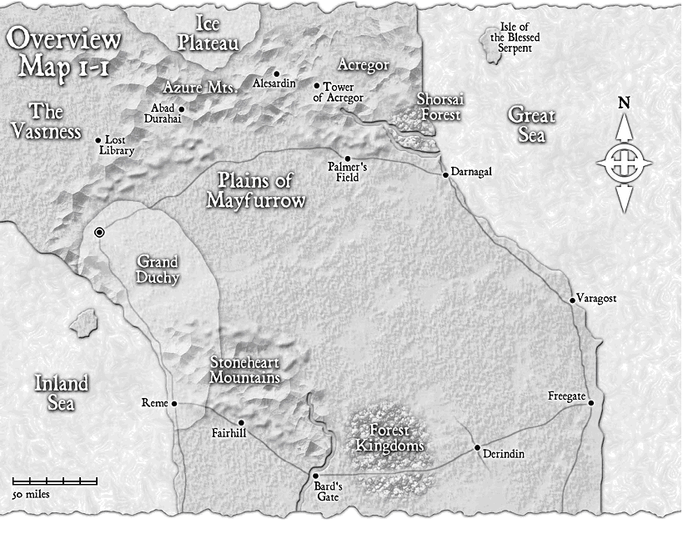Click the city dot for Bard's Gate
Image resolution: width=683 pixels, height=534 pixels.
tap(315, 476)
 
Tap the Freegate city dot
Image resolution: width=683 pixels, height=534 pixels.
tap(590, 403)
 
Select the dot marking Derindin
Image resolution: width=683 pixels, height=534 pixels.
tap(477, 448)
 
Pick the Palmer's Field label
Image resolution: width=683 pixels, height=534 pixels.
tap(349, 173)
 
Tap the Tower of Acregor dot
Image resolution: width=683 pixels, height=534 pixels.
tap(316, 85)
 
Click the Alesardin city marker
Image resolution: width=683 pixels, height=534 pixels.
tap(276, 73)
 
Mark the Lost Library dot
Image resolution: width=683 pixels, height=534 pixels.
tap(98, 140)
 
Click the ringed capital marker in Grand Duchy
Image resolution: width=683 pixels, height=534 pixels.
tap(100, 233)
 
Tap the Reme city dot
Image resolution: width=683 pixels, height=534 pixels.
tap(174, 404)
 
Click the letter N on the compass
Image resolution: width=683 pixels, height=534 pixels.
tap(623, 103)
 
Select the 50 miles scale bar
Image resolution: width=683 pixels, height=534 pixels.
tap(55, 481)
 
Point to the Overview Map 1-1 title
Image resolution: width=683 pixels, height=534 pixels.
tap(65, 50)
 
